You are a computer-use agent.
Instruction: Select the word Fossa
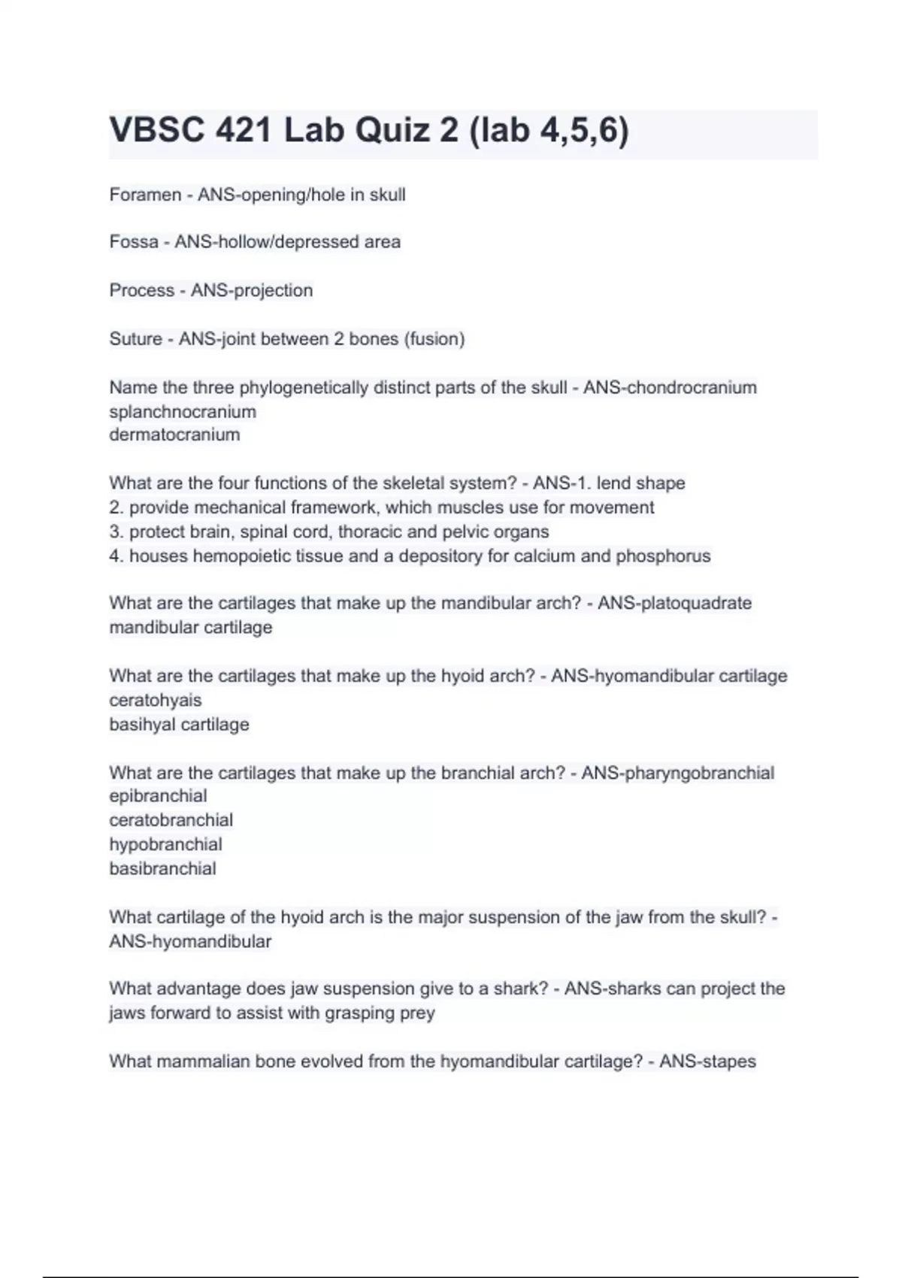(x=134, y=242)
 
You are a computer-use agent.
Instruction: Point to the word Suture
(x=135, y=339)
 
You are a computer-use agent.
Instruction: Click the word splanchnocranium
(x=183, y=412)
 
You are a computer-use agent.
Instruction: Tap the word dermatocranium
(x=174, y=435)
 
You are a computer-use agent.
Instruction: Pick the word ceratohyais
(x=156, y=700)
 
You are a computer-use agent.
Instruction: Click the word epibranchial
(x=158, y=795)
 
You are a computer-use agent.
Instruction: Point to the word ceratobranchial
(x=171, y=819)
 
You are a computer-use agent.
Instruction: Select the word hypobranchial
(x=165, y=844)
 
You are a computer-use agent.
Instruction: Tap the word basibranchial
(x=162, y=868)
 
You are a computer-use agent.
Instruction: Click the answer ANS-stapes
(x=707, y=1061)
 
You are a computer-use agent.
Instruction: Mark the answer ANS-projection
(x=251, y=290)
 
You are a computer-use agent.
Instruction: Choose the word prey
(x=417, y=1013)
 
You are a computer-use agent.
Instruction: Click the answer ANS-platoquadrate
(x=674, y=603)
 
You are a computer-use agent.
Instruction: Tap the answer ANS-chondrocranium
(x=670, y=388)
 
